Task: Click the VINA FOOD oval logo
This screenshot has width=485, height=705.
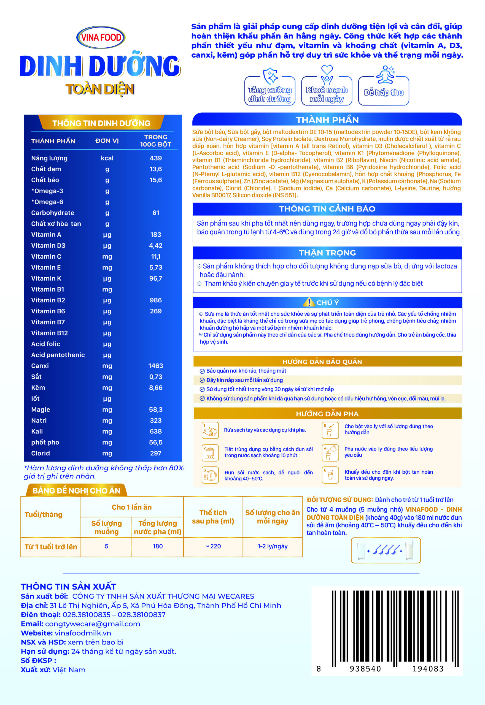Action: point(100,37)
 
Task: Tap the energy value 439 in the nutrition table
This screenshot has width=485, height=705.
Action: point(156,158)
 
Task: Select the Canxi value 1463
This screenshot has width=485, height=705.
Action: point(156,366)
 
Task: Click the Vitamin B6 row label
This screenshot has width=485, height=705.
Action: point(48,311)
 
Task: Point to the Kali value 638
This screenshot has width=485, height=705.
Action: point(156,432)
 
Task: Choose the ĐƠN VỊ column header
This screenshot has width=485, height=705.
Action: point(107,141)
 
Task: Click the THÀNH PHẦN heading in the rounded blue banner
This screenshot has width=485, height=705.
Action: point(327,120)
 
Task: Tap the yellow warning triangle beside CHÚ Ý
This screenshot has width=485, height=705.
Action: point(309,302)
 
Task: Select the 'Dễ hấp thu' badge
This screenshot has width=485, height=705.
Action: point(384,92)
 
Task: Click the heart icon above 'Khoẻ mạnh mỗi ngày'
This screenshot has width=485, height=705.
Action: point(327,70)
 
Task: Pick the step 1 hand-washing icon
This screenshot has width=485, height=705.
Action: point(210,430)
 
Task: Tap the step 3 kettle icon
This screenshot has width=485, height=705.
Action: point(210,475)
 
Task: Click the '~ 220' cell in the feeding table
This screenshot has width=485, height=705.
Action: point(213,546)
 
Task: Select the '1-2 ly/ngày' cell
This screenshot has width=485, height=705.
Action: point(273,546)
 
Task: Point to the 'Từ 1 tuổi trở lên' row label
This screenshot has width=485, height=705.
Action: point(51,547)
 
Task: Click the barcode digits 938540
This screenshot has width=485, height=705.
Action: point(365,669)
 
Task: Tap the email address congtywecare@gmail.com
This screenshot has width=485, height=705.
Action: point(93,624)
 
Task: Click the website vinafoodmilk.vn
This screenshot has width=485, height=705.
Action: point(83,633)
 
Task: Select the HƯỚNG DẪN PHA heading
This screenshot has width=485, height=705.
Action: point(327,414)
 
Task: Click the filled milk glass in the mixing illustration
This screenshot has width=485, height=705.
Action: point(409,549)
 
